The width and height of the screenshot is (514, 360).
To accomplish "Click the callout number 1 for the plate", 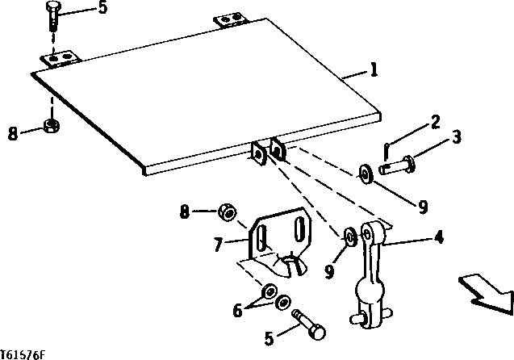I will [x=374, y=72].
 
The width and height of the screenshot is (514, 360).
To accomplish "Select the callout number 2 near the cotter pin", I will [x=435, y=123].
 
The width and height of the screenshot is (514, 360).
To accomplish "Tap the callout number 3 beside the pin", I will [x=456, y=138].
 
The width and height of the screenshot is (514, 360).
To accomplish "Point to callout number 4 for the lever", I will [x=439, y=238].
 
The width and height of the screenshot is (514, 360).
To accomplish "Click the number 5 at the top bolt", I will [x=102, y=10].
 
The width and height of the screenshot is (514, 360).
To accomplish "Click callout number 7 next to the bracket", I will [x=217, y=241].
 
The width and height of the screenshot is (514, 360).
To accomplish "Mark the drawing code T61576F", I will [x=23, y=354].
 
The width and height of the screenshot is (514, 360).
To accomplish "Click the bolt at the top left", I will [x=53, y=16].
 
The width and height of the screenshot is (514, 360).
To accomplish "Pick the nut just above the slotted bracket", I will [x=228, y=214].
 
